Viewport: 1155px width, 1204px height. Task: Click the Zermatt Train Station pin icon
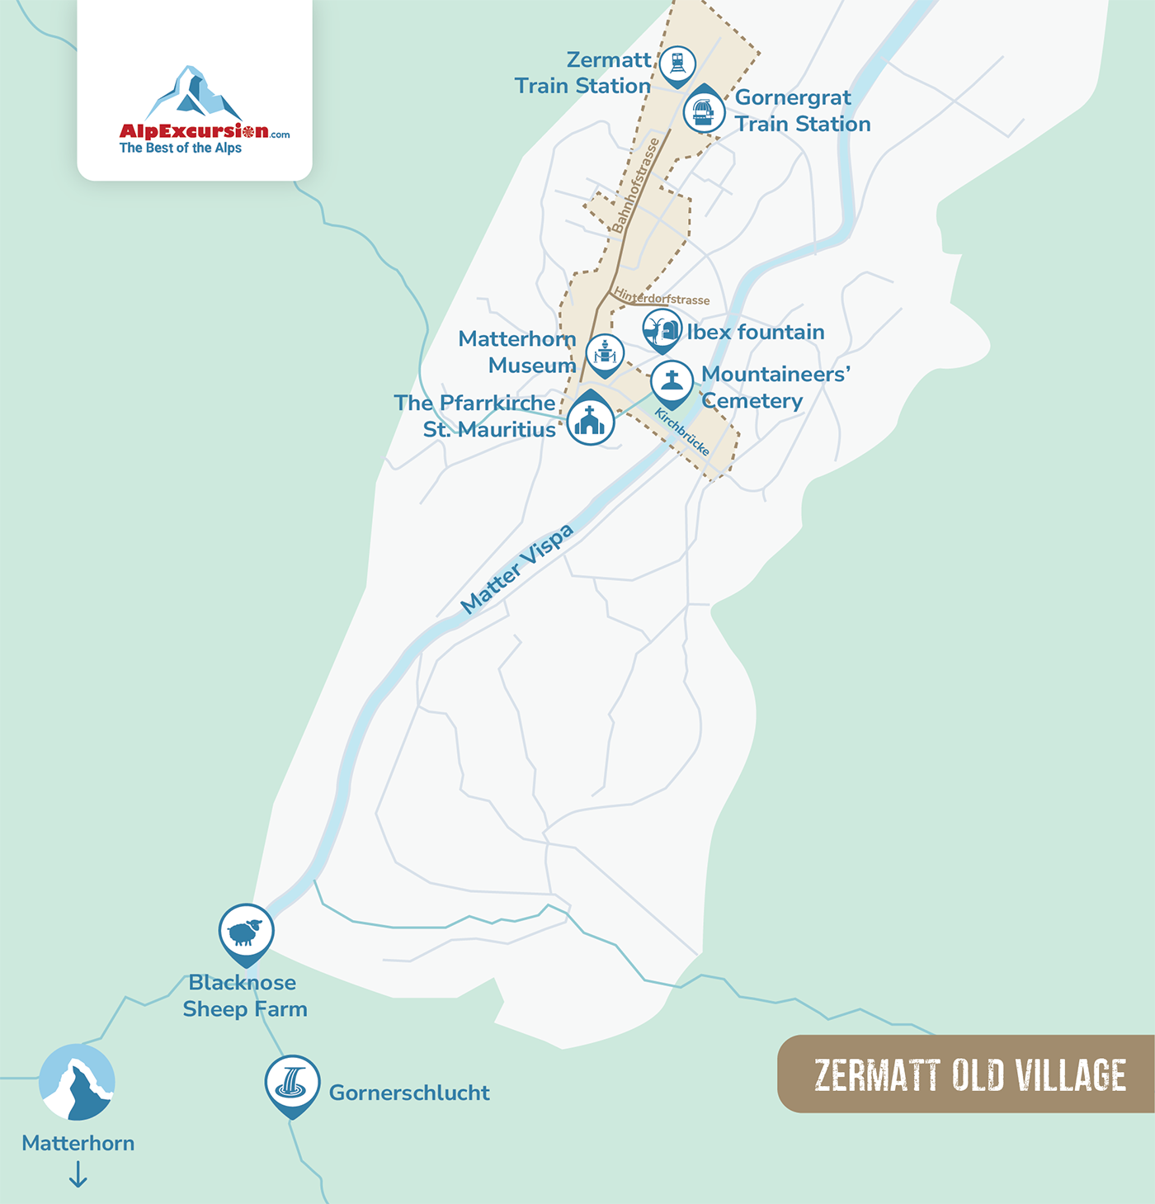click(x=677, y=64)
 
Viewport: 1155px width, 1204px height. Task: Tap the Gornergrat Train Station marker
click(x=704, y=110)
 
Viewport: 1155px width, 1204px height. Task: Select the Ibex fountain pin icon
click(x=662, y=329)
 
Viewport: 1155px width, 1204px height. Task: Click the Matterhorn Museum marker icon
click(x=606, y=353)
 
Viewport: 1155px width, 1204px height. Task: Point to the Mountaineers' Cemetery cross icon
click(x=672, y=381)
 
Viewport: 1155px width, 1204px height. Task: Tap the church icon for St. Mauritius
click(x=591, y=421)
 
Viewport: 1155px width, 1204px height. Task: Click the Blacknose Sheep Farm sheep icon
click(x=246, y=932)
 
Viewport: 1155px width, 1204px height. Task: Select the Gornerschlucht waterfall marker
click(x=292, y=1082)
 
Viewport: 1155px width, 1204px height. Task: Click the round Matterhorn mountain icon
click(x=78, y=1082)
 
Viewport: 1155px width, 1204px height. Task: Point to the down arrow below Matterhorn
click(x=78, y=1173)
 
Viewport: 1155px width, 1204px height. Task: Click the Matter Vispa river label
click(x=516, y=569)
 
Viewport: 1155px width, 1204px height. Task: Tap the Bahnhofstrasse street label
click(x=636, y=186)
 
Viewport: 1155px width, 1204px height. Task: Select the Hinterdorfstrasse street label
click(x=662, y=297)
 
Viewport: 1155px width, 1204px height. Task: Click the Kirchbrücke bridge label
click(x=682, y=432)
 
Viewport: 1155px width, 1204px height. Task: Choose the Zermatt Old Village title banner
click(x=969, y=1074)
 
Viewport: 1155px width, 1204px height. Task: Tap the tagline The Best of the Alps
click(x=181, y=149)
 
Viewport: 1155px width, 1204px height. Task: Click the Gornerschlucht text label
click(x=409, y=1093)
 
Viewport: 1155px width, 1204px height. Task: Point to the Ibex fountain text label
click(x=756, y=332)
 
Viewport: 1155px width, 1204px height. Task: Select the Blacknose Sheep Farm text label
click(x=244, y=995)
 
